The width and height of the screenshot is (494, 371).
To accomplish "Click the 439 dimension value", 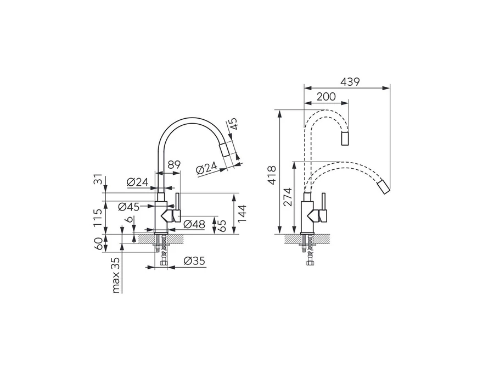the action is click(x=350, y=82).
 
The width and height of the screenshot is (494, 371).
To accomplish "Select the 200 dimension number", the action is click(x=326, y=97).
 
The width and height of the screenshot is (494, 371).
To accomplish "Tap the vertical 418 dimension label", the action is click(x=271, y=175).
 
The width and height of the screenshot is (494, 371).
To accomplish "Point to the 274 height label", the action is click(x=288, y=197).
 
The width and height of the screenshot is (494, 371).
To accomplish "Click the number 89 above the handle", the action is click(x=174, y=165).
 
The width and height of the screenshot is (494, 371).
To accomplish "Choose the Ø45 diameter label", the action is click(x=129, y=207).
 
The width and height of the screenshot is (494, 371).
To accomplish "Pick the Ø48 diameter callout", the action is click(x=194, y=224).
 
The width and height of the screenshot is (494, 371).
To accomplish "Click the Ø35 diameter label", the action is click(x=194, y=261).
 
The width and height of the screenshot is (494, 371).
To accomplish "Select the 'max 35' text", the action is click(x=116, y=275).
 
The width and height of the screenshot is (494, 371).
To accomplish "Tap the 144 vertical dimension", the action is click(x=242, y=214).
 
